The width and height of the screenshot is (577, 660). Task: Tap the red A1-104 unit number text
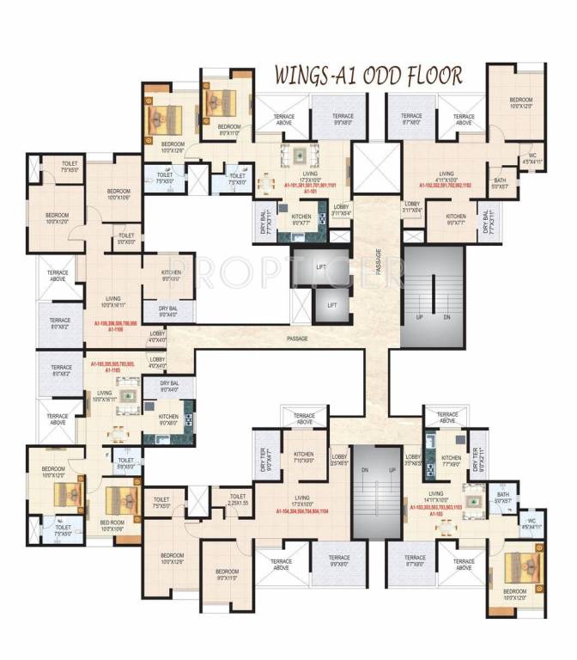(x=301, y=511)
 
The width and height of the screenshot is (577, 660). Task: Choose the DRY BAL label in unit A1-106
(x=168, y=310)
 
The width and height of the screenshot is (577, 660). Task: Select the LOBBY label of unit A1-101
(x=342, y=209)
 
